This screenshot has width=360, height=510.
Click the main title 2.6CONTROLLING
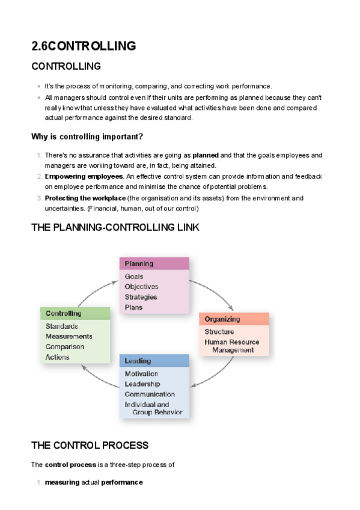[84, 46]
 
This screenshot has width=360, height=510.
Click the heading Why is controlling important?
[87, 137]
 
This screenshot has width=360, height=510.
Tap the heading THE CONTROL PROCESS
[90, 446]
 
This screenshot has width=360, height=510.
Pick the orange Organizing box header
[234, 319]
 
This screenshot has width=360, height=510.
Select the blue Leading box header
[154, 361]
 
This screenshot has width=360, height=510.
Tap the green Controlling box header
[75, 313]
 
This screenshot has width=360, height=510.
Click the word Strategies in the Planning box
[141, 297]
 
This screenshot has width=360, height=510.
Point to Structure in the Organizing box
[219, 332]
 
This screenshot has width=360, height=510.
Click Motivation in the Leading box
[141, 374]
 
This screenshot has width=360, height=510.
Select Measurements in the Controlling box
[69, 337]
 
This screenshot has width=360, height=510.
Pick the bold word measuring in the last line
[62, 482]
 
